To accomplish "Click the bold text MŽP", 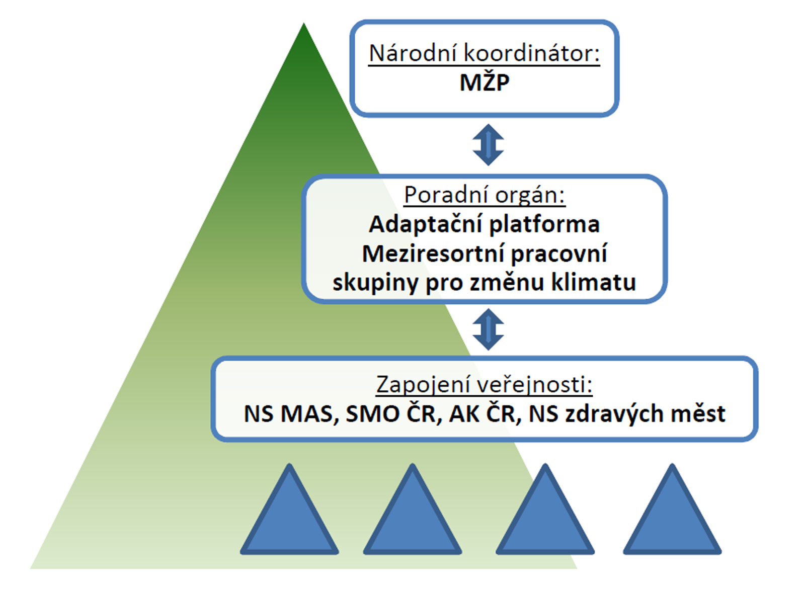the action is click(485, 83).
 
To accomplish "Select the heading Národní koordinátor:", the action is click(484, 53).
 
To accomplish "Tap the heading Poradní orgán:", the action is click(485, 196).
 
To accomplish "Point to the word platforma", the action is click(545, 225).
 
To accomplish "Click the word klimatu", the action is click(594, 282).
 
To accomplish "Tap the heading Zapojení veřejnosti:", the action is click(485, 385).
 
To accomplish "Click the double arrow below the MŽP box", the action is click(488, 145).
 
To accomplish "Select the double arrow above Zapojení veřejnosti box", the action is click(488, 329).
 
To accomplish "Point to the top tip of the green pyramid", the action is click(304, 23).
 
